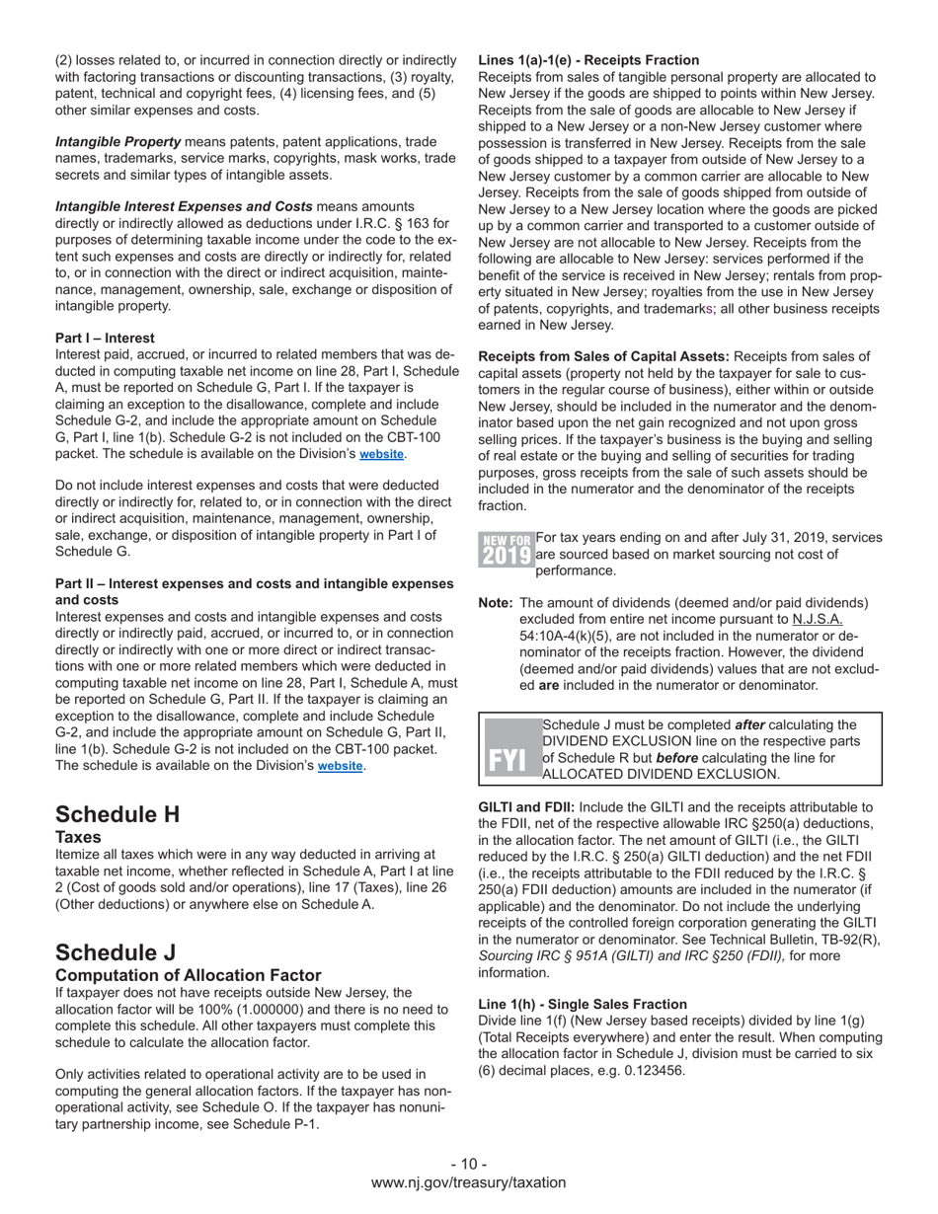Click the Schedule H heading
click(117, 814)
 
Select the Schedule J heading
click(116, 952)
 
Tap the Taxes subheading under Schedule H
click(78, 837)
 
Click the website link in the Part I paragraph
click(381, 455)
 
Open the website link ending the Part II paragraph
click(340, 766)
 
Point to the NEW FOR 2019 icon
click(506, 550)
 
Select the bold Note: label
click(495, 603)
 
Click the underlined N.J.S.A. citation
click(817, 619)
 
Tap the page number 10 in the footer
click(468, 1164)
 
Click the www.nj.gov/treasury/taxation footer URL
click(468, 1182)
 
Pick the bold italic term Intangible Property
click(117, 142)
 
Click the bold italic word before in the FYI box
click(677, 758)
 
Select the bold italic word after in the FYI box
click(750, 725)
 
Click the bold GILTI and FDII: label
click(526, 807)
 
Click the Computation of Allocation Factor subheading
click(188, 975)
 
